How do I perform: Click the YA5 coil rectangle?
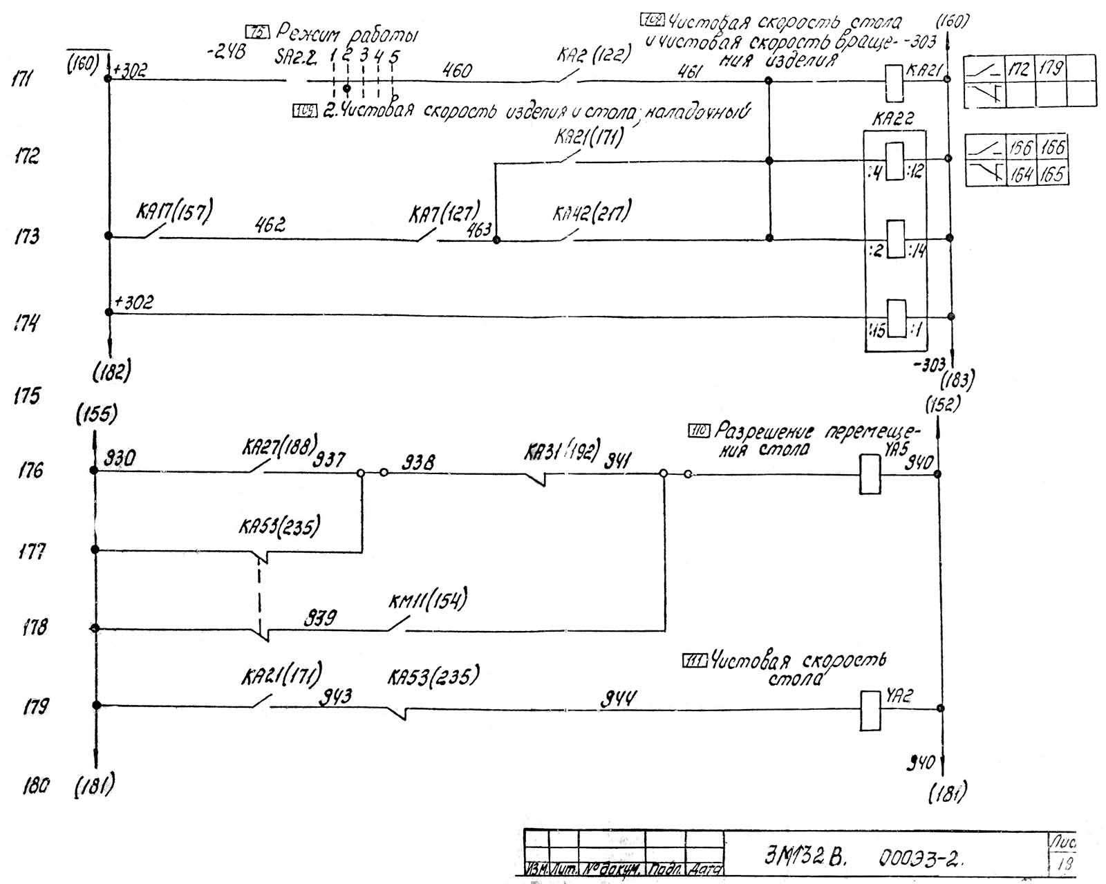870,474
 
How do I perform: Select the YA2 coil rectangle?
870,710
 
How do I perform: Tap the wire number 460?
457,70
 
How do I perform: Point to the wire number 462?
269,225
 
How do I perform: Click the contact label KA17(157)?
174,212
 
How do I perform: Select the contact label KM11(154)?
427,600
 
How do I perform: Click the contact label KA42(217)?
591,214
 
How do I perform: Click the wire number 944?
617,700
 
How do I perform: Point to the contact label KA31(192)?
562,451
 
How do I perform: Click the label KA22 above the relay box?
892,119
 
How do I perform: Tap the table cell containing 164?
1021,173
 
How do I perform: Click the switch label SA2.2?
296,58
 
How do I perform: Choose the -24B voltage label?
226,52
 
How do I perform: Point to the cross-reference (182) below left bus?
111,373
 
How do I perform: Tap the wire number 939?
320,617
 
